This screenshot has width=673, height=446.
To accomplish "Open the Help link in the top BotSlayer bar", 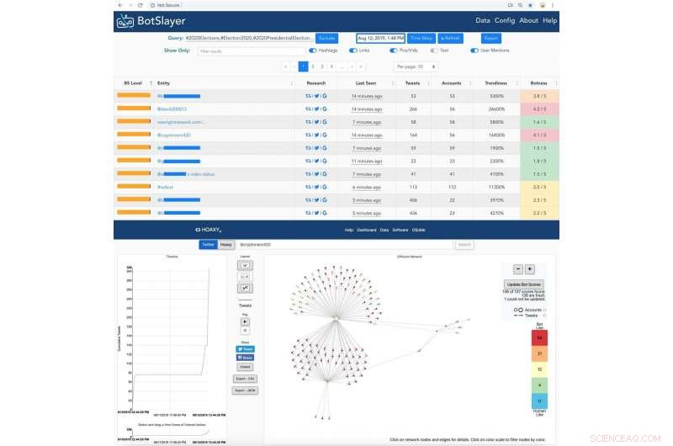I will click(x=549, y=20).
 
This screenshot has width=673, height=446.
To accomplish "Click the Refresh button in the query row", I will click(x=448, y=38).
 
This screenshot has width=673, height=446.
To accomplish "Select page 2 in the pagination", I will click(x=312, y=66).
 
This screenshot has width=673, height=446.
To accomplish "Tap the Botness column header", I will click(x=539, y=83).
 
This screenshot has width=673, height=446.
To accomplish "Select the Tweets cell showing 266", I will click(x=413, y=109).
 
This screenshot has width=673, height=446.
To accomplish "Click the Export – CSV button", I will click(x=246, y=379).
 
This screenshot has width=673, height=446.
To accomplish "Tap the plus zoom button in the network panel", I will click(x=530, y=269).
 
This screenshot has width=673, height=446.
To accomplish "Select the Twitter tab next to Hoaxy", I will click(x=208, y=245).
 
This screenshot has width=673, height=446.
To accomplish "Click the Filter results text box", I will click(x=252, y=50).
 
